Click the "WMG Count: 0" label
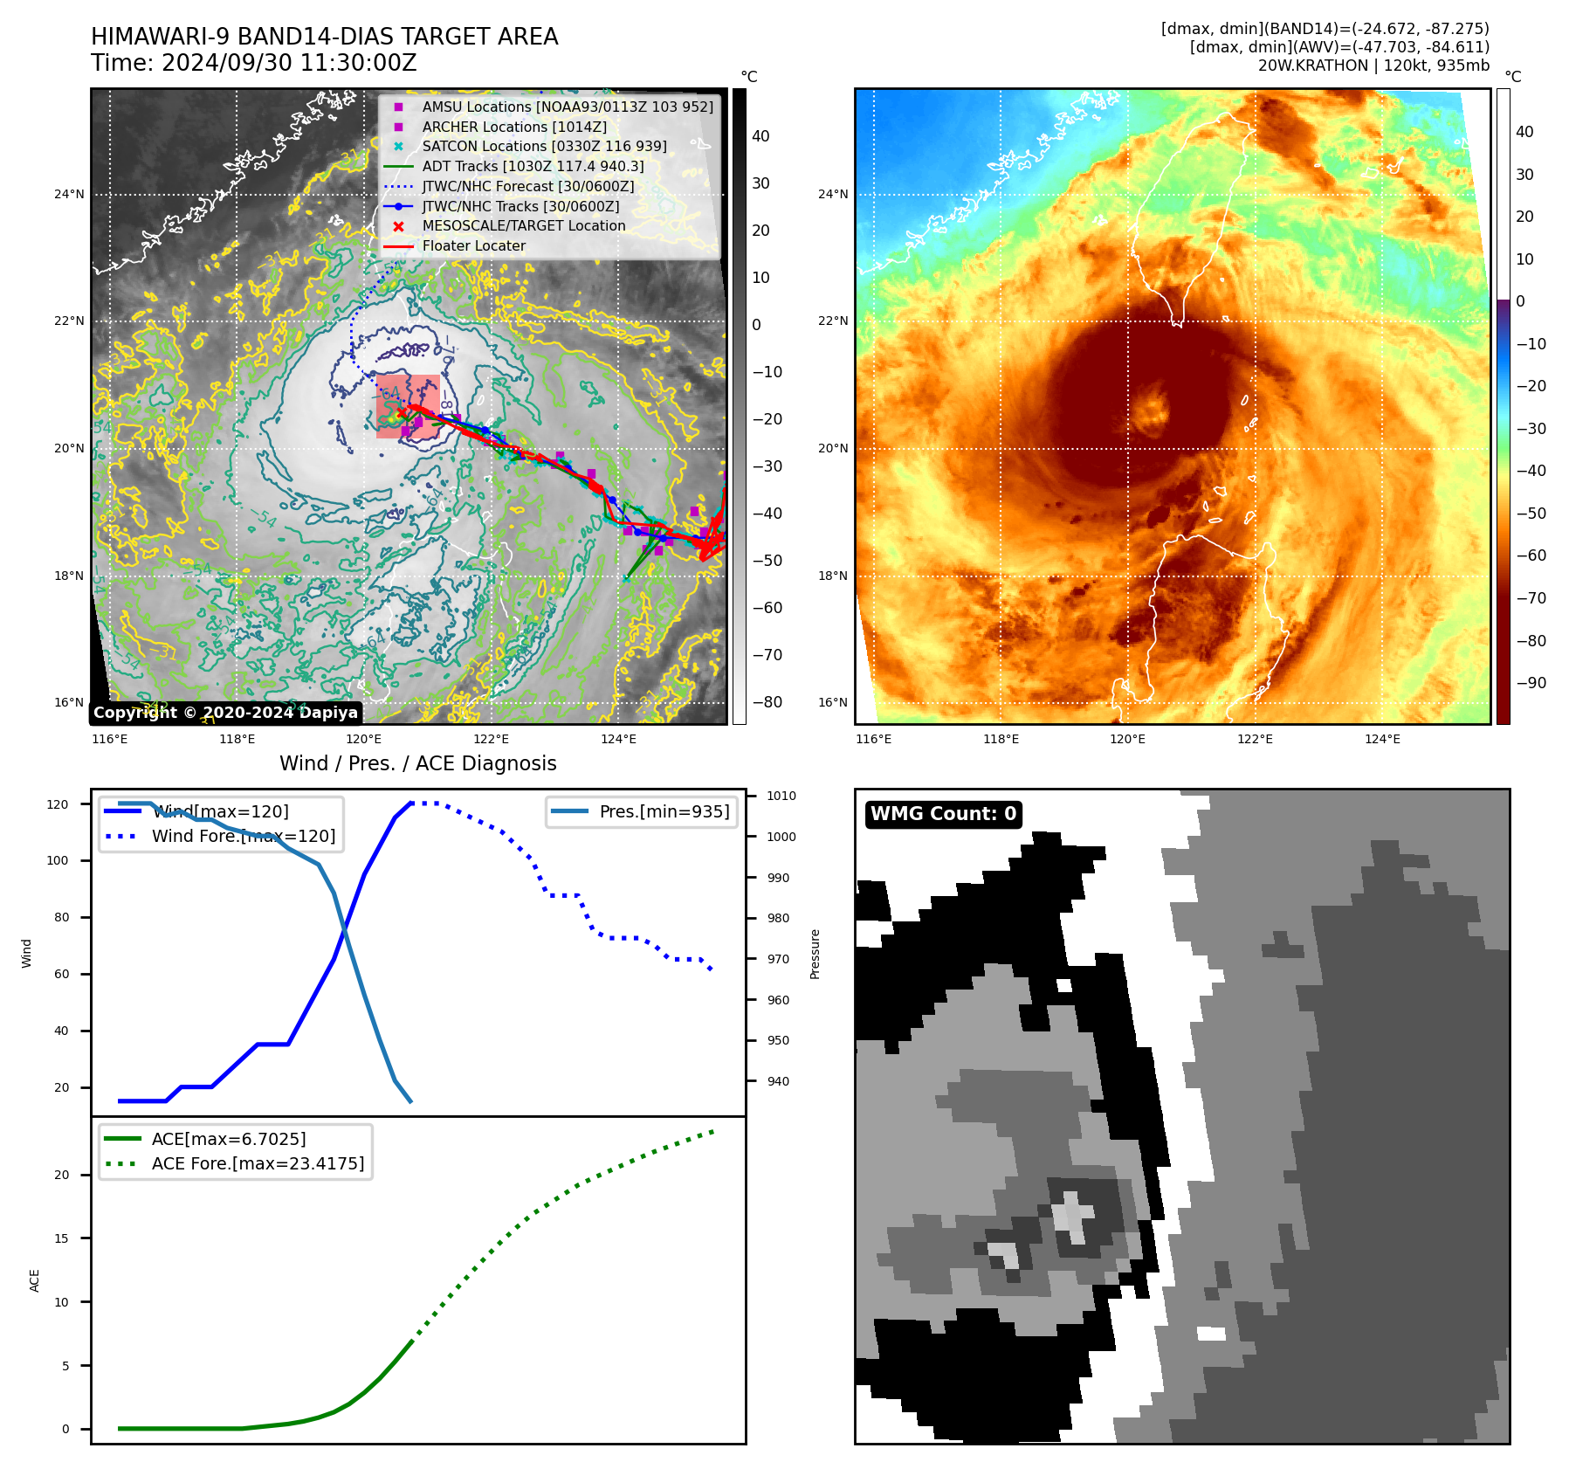click(x=943, y=814)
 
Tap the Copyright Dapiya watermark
click(x=225, y=713)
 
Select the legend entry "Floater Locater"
click(x=473, y=246)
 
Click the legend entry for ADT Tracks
click(x=533, y=166)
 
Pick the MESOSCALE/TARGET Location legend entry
click(x=523, y=226)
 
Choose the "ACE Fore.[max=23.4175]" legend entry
click(x=258, y=1163)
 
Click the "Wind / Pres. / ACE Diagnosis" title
click(x=417, y=763)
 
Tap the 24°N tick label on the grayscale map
click(x=69, y=194)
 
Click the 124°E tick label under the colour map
click(x=1382, y=739)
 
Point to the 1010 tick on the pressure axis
click(x=781, y=796)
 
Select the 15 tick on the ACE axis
click(x=62, y=1238)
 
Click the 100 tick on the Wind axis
click(x=58, y=860)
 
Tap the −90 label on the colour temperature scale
click(x=1531, y=683)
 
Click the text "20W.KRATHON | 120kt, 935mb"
click(x=1373, y=66)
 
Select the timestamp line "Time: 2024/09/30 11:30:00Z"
click(x=254, y=63)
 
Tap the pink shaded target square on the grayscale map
click(x=408, y=406)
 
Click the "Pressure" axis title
click(x=815, y=954)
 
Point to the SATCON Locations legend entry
click(x=543, y=147)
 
